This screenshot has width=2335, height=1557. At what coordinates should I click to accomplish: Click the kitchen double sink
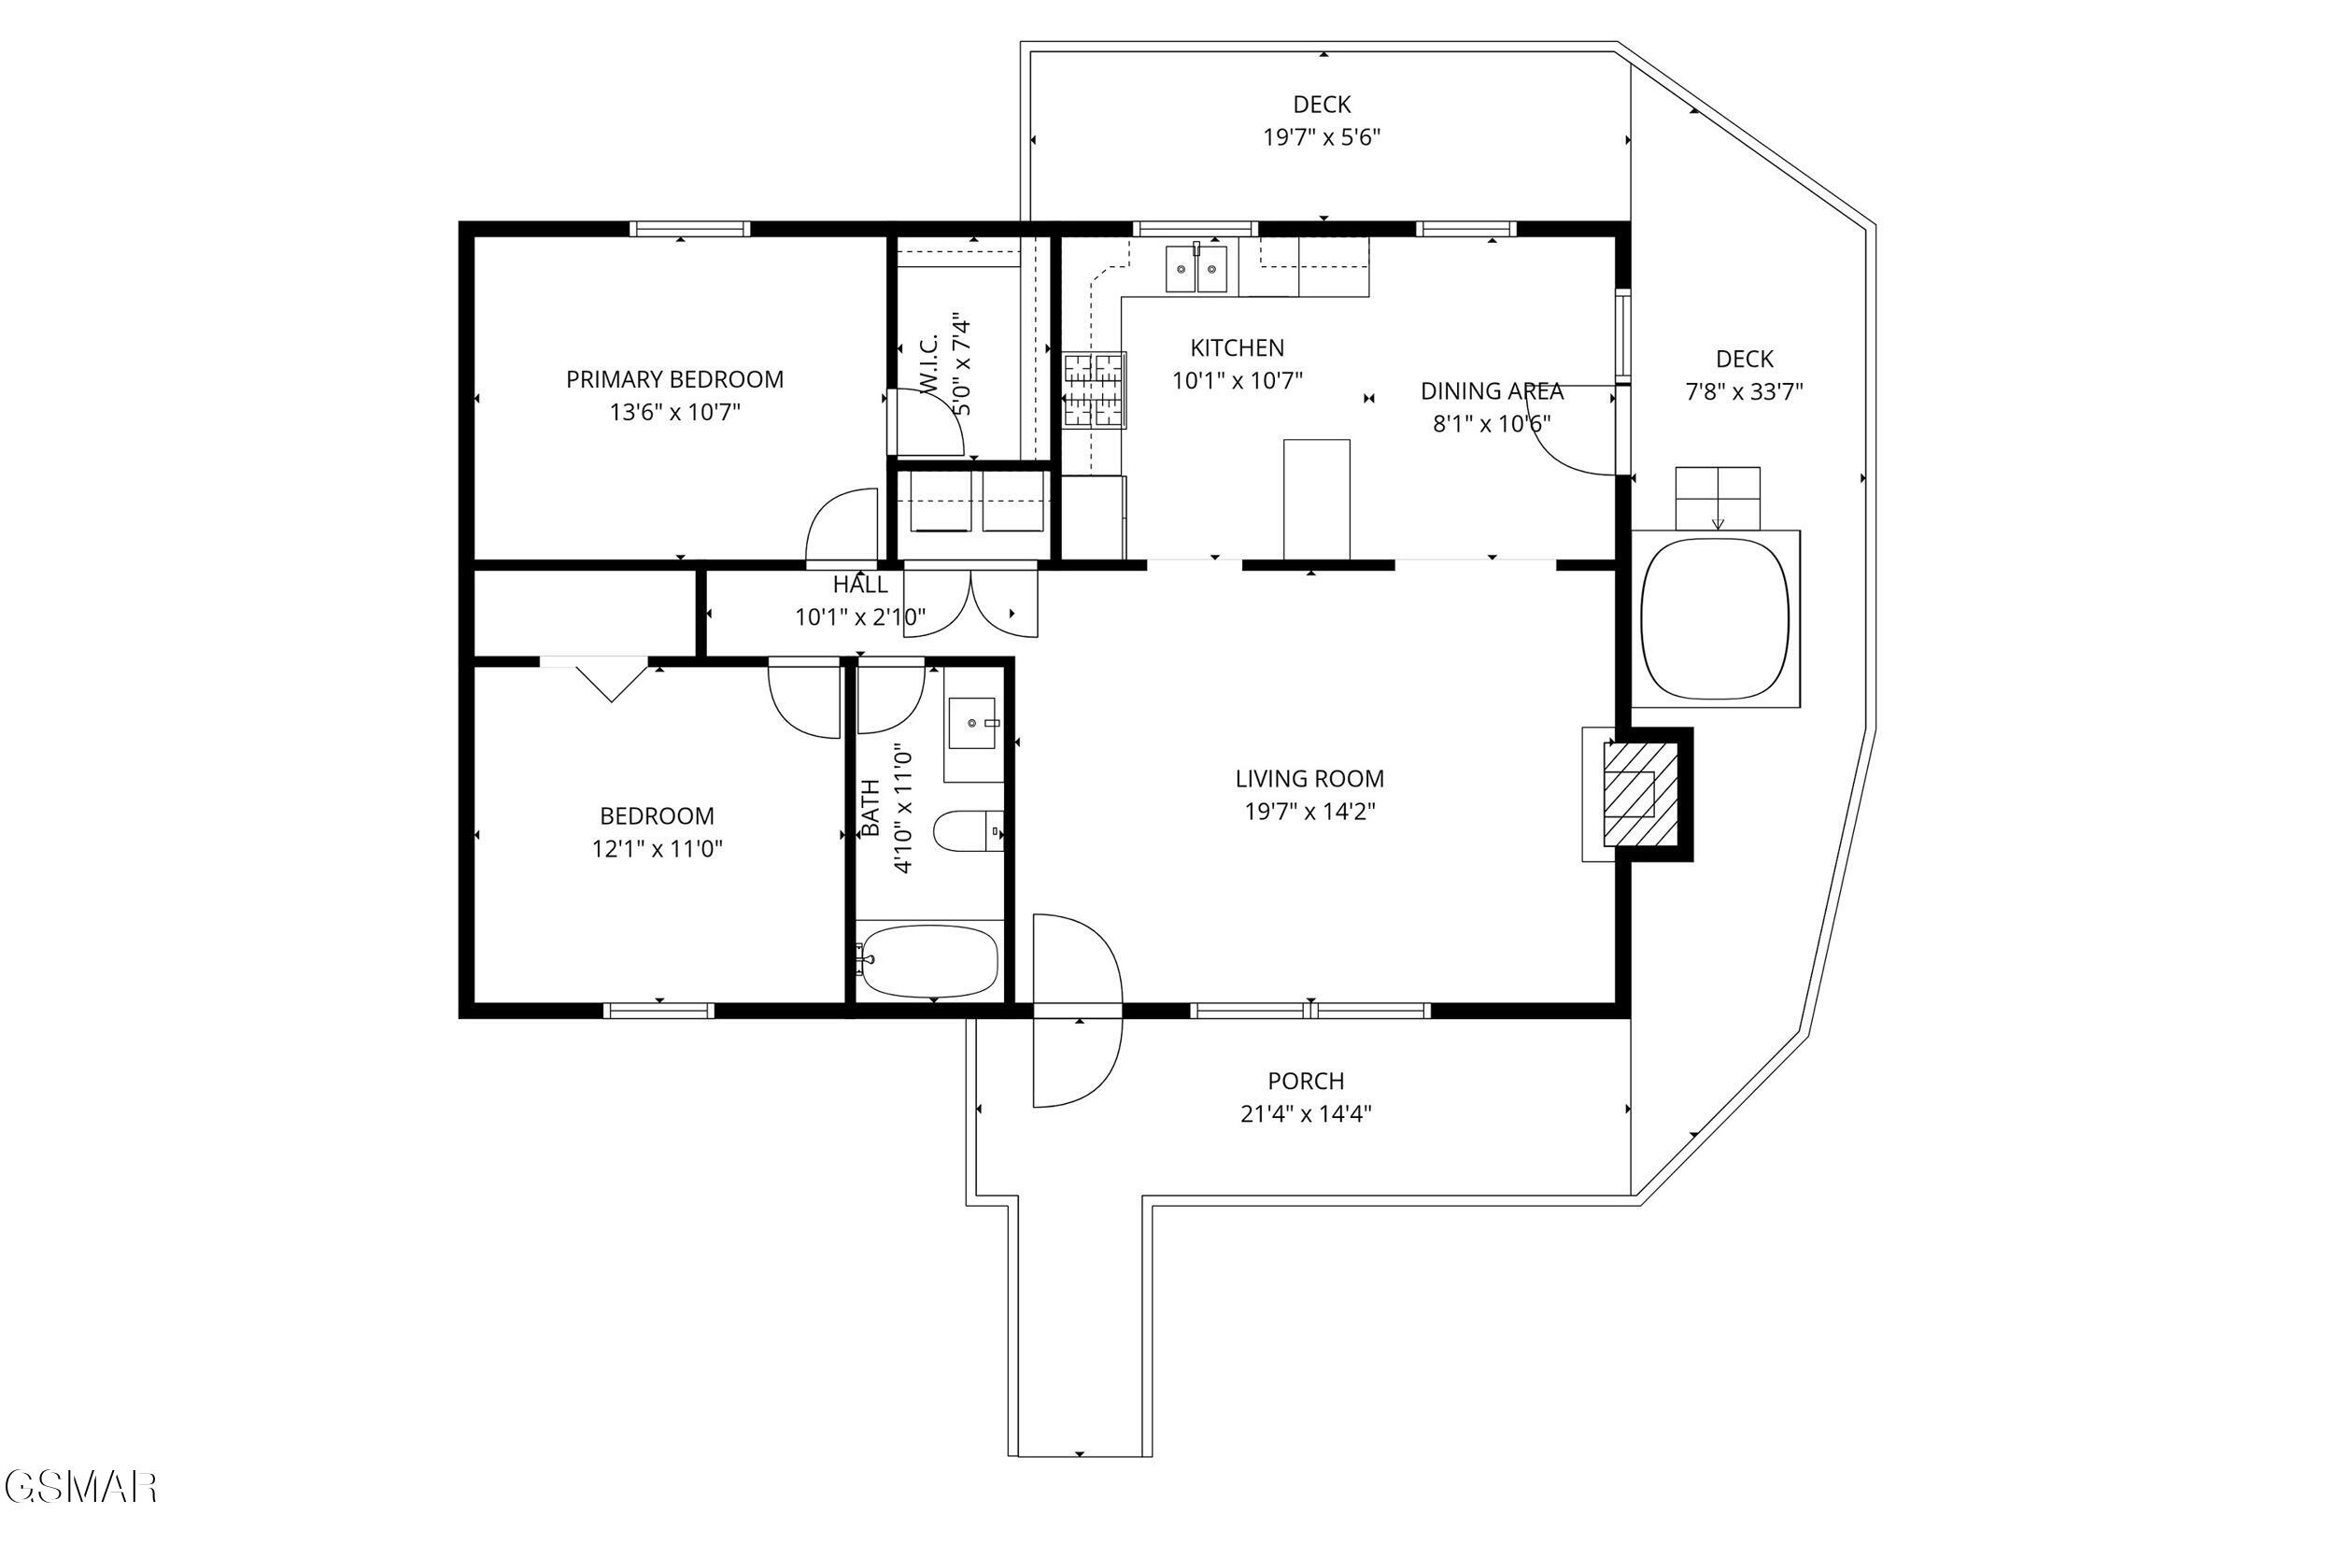tap(1196, 269)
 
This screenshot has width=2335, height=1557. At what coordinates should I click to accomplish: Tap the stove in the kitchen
tap(1095, 390)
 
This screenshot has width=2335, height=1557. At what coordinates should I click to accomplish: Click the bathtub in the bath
tap(928, 960)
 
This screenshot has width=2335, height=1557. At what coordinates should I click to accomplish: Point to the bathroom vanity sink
tap(972, 724)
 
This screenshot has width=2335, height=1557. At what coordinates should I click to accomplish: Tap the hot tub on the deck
tap(1716, 618)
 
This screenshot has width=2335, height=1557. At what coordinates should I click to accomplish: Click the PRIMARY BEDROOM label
tap(674, 379)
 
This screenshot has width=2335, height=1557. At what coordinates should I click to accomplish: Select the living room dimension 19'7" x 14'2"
tap(1309, 812)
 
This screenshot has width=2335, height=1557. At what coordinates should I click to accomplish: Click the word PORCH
tap(1306, 1081)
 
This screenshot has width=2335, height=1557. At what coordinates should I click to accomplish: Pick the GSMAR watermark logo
tap(79, 1487)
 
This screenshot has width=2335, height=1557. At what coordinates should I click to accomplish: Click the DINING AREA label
tap(1492, 391)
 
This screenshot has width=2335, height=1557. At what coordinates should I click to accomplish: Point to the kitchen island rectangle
tap(1316, 500)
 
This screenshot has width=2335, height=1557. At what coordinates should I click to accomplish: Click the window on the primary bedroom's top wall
tap(689, 229)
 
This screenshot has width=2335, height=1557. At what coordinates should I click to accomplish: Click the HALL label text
tap(859, 584)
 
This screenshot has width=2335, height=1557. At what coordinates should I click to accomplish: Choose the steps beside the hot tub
tap(1718, 498)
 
